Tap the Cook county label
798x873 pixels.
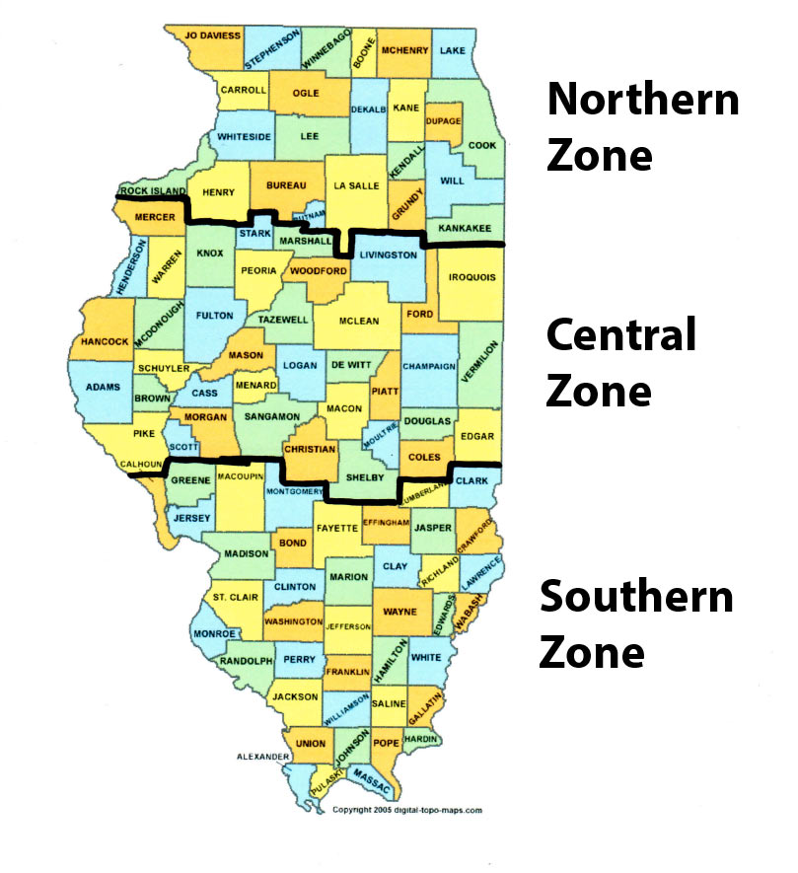click(x=482, y=145)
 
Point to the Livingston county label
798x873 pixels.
click(x=384, y=255)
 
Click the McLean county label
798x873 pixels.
click(x=358, y=321)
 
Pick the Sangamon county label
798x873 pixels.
click(x=271, y=417)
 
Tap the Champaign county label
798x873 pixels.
click(x=429, y=367)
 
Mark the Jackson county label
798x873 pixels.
click(x=295, y=697)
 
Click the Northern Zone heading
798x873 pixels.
click(x=642, y=127)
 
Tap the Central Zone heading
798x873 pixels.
click(x=621, y=362)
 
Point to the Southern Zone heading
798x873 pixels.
click(x=636, y=623)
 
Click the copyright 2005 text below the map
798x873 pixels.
click(x=406, y=810)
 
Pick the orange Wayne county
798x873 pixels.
click(x=399, y=611)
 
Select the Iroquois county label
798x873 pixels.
click(x=472, y=278)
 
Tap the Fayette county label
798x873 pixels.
click(x=336, y=529)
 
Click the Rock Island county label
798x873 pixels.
click(x=152, y=190)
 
